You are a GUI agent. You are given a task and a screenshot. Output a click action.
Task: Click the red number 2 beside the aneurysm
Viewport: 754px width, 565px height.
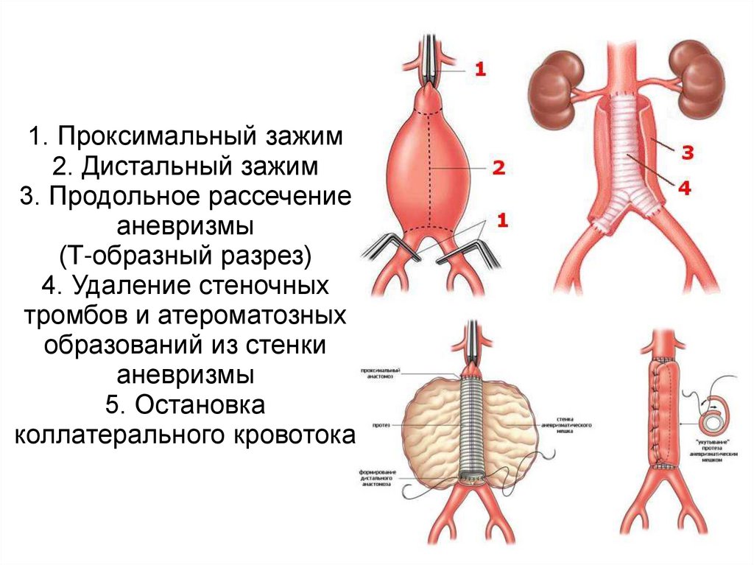[498, 169]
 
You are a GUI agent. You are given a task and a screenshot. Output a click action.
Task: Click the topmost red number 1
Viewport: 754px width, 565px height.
[480, 70]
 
